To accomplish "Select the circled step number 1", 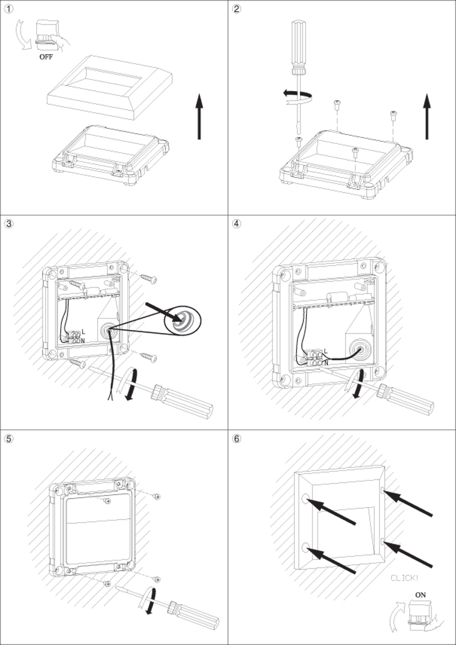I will coord(9,9).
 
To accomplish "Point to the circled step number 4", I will coord(237,223).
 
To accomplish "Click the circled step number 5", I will coord(9,438).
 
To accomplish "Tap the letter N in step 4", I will coord(326,362).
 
